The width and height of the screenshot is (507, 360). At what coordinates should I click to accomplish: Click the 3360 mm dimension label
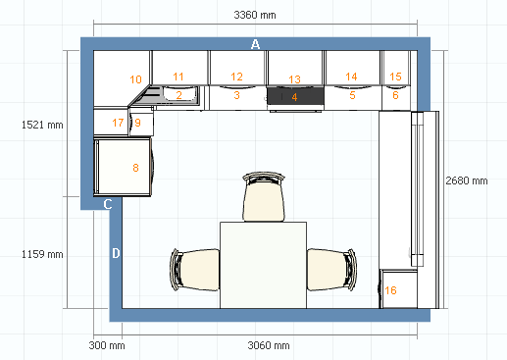click(255, 15)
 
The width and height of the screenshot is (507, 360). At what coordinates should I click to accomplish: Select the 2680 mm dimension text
click(467, 180)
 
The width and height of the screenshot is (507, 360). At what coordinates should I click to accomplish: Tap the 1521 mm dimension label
click(42, 125)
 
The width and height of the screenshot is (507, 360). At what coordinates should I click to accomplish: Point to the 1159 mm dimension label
click(42, 254)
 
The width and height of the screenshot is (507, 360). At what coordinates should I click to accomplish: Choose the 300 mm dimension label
click(107, 345)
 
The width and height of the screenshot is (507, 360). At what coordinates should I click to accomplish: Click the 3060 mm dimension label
click(269, 345)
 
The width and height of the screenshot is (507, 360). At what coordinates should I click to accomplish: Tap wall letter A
click(255, 44)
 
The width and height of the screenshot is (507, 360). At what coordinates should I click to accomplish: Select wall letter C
click(108, 204)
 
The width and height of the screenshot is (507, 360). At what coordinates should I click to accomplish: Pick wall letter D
click(116, 253)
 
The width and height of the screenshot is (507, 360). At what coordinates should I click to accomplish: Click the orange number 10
click(135, 79)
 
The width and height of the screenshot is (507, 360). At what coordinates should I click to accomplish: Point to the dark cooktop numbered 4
click(295, 96)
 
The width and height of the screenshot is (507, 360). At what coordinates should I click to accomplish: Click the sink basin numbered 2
click(180, 94)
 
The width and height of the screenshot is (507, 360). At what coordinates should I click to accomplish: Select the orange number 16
click(390, 290)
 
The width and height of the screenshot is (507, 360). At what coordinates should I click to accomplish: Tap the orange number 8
click(135, 168)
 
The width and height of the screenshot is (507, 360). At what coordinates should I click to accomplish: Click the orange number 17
click(118, 123)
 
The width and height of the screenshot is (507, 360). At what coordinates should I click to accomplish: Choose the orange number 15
click(395, 77)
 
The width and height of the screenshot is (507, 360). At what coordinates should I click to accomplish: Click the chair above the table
click(264, 197)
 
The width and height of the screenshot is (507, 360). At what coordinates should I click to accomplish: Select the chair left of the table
click(195, 270)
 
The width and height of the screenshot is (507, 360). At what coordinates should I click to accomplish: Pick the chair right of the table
click(331, 270)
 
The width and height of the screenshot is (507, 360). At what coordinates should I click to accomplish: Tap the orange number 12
click(236, 77)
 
